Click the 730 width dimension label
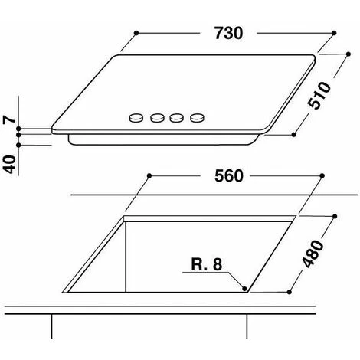click(x=228, y=33)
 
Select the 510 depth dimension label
click(x=319, y=95)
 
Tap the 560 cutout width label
click(x=229, y=176)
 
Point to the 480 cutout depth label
click(x=313, y=254)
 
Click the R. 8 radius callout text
click(x=207, y=264)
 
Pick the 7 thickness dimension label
click(x=9, y=119)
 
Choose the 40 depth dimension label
click(x=9, y=164)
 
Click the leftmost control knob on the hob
click(x=136, y=118)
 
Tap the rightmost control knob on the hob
click(x=198, y=118)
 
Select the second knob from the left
click(x=157, y=118)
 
